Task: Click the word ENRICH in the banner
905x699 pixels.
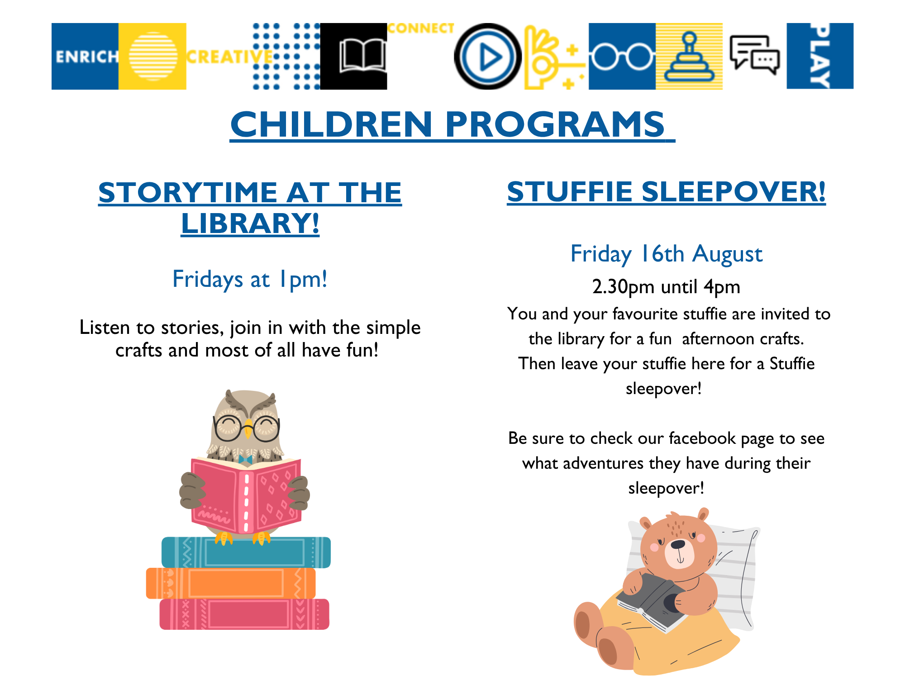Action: [x=86, y=57]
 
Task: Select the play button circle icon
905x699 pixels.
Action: [x=487, y=57]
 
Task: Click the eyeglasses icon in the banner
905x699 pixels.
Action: [x=622, y=57]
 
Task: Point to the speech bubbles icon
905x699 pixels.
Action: [x=755, y=55]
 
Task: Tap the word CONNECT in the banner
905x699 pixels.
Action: [x=421, y=29]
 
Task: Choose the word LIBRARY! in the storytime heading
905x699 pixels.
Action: [x=250, y=223]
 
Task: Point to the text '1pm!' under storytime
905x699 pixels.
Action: [x=303, y=279]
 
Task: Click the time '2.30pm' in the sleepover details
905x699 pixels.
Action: [x=623, y=287]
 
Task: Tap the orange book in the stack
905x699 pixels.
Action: [x=231, y=583]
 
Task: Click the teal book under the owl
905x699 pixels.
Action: [x=246, y=552]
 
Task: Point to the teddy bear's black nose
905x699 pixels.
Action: [x=677, y=544]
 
